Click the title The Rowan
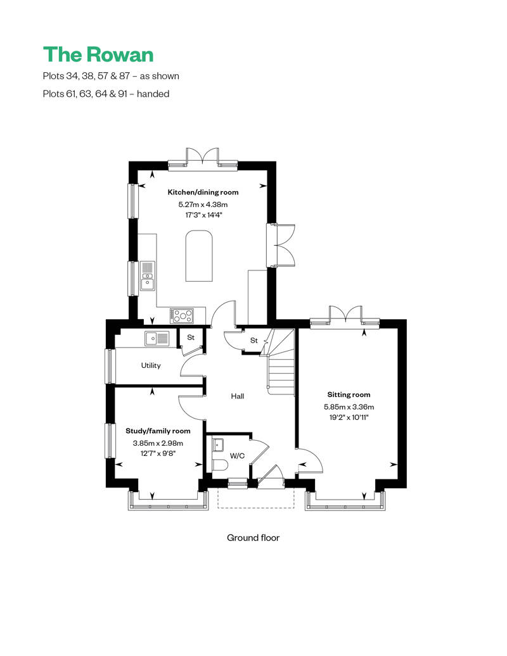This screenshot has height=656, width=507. coord(98,54)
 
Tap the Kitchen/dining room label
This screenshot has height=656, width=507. coord(203,192)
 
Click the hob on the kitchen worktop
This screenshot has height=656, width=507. coord(183,314)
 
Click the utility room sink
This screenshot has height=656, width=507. coord(157,339)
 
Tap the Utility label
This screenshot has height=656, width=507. coord(151,365)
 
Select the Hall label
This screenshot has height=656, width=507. coord(238,396)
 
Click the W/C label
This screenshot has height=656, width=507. coord(238,455)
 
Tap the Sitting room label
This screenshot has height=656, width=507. coord(349,394)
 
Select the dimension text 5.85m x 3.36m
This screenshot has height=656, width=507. coord(349,407)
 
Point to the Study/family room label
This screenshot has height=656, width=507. coord(158,431)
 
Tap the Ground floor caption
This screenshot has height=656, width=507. coord(253,538)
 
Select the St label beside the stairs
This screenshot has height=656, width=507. coord(254,341)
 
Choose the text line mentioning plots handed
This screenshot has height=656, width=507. coord(106,94)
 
